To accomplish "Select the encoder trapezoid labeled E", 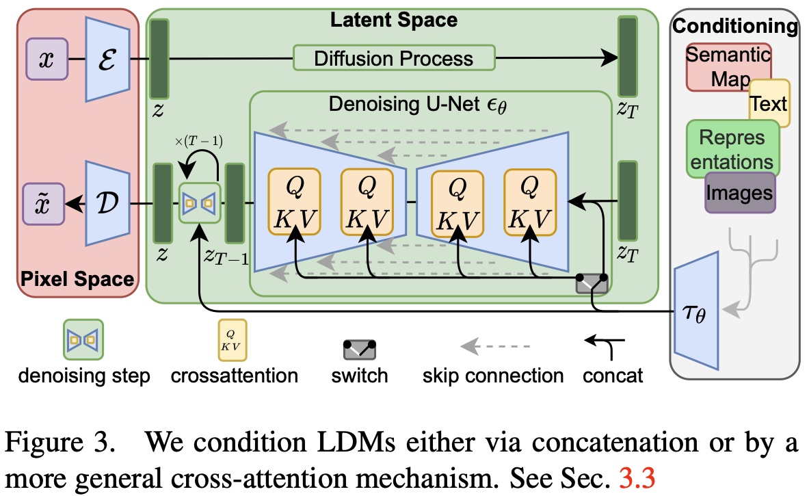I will pos(107,59).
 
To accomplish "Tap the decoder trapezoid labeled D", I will pos(107,204).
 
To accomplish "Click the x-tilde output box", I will pos(44,204).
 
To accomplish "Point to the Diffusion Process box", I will pos(393,58).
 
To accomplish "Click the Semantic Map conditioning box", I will pos(728,66).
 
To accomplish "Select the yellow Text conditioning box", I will pos(769,104).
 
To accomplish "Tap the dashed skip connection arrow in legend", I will pos(493,344).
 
